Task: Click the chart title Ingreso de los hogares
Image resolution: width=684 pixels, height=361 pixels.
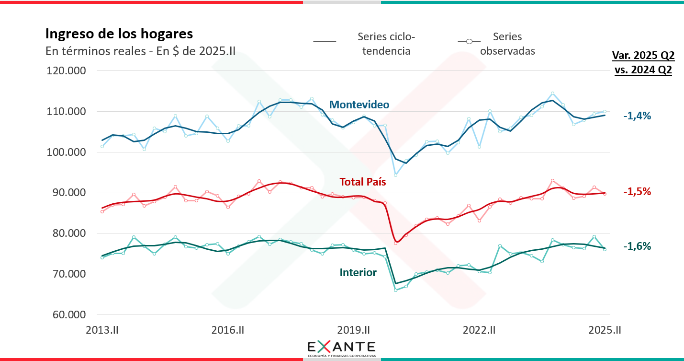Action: [x=119, y=34]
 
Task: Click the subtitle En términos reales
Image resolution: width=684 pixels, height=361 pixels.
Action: [x=140, y=51]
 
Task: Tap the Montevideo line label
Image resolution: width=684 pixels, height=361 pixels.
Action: [x=359, y=105]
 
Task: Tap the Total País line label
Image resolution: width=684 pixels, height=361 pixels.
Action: [x=362, y=182]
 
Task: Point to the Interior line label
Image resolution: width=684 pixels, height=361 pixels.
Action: [x=358, y=273]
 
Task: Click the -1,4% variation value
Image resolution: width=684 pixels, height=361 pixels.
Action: [x=637, y=116]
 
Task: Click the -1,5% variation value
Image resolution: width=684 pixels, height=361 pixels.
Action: [x=637, y=192]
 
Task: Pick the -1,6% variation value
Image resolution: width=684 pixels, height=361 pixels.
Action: [x=637, y=246]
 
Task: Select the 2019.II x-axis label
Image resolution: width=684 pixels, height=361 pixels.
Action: [x=354, y=330]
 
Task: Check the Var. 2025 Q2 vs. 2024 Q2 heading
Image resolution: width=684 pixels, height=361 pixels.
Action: [x=643, y=62]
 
